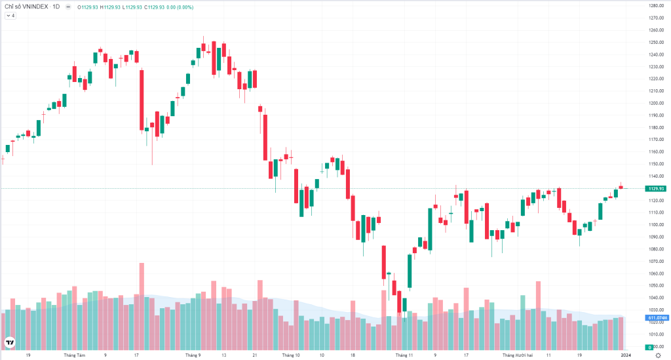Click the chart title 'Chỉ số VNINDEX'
coord(26,7)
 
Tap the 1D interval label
coord(56,7)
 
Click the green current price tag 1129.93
coord(655,189)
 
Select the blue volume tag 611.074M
coord(657,318)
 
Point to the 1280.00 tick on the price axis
coord(657,5)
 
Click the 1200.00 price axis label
coord(657,103)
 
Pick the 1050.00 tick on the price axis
coord(657,285)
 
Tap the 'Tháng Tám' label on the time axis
coord(75,355)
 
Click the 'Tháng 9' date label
coord(193,355)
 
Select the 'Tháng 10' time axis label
coord(291,355)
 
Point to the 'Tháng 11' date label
coord(404,355)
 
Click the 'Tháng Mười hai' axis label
coord(518,355)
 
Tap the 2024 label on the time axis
coord(626,355)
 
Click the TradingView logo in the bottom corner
coord(9,342)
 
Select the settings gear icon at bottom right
coord(658,355)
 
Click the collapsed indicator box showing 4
coord(10,16)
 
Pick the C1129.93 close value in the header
coord(154,7)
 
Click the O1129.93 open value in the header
coord(88,7)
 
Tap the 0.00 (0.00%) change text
coord(180,7)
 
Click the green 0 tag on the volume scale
coord(649,348)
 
